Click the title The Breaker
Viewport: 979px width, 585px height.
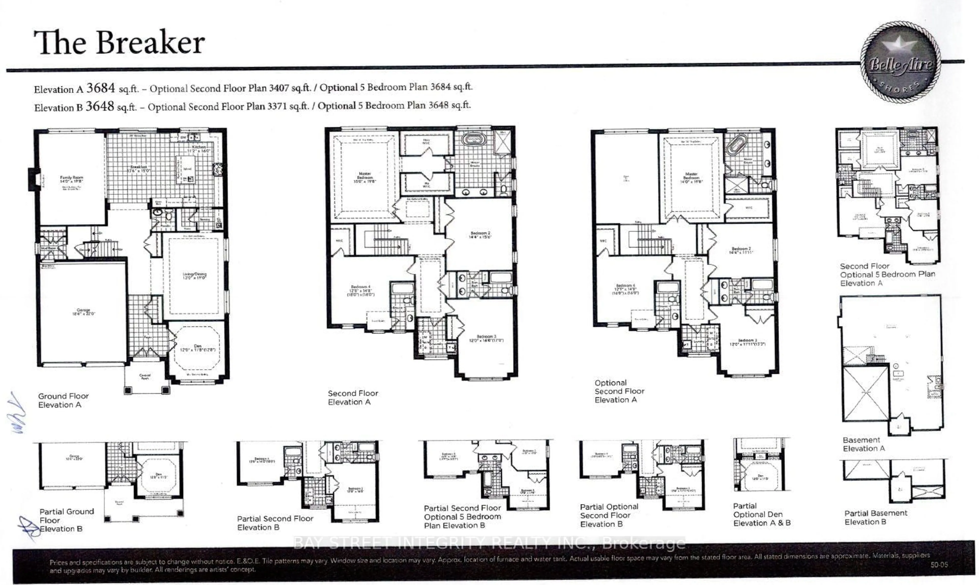[119, 43]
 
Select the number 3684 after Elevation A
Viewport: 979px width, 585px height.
[100, 88]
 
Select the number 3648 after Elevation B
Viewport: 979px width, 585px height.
[100, 106]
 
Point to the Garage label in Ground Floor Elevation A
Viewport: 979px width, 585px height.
[84, 311]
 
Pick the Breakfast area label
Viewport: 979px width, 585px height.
[139, 168]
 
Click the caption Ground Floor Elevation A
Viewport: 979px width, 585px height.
[63, 400]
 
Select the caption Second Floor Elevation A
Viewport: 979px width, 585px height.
[353, 397]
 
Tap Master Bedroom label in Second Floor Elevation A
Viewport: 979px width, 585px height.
[365, 177]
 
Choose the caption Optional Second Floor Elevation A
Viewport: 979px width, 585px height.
[619, 391]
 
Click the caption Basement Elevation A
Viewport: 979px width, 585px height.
[864, 444]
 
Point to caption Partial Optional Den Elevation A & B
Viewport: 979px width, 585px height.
[762, 514]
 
